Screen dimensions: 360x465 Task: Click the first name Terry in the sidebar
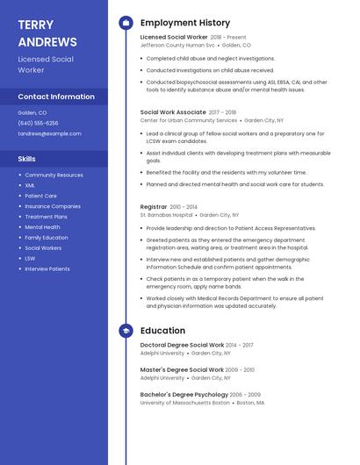point(36,25)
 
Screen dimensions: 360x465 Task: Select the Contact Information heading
point(56,97)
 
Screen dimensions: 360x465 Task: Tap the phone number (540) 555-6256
point(38,123)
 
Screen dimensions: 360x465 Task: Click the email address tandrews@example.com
point(49,133)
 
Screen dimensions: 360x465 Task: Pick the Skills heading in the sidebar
point(27,159)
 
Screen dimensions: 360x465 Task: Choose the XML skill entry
point(30,185)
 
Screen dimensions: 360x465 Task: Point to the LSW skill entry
point(30,258)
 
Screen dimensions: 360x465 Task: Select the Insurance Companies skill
point(53,206)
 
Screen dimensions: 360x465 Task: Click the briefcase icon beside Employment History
point(126,23)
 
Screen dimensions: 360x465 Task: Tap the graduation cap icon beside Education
point(126,331)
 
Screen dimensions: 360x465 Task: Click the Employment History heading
point(185,23)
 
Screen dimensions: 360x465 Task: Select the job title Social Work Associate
point(173,112)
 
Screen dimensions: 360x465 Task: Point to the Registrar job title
point(154,206)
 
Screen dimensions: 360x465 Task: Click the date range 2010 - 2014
point(184,206)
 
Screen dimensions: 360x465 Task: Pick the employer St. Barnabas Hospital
point(166,214)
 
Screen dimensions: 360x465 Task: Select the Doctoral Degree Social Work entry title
point(182,345)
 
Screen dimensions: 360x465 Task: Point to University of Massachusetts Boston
point(184,403)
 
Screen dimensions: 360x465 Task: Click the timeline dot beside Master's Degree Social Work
point(126,370)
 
